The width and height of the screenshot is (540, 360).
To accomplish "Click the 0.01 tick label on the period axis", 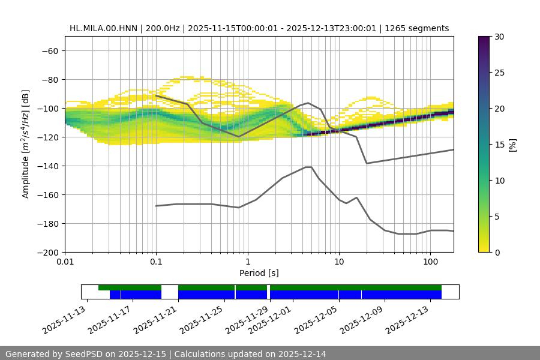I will tap(65, 262).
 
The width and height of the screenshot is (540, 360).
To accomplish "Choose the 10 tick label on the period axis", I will tap(338, 262).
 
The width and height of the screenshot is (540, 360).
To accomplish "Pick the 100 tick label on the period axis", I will tap(430, 262).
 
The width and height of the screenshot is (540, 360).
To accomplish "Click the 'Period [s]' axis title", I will tap(259, 273).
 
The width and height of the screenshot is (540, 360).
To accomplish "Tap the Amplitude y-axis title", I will tap(26, 144).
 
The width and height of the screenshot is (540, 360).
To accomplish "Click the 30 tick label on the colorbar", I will tap(499, 37).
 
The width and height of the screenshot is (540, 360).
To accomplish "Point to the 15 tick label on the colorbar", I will tap(499, 145).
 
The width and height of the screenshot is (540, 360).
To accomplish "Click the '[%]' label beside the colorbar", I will tap(512, 144).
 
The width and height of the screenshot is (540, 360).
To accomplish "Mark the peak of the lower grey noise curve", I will tap(308, 167).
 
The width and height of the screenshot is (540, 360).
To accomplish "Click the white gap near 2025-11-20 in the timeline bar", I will tap(170, 292).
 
